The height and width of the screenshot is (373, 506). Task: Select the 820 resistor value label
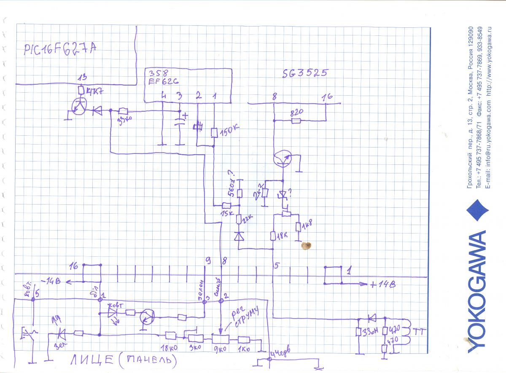click(x=297, y=113)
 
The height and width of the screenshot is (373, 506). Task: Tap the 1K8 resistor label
click(x=309, y=225)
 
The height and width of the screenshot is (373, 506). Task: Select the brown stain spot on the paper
click(x=308, y=245)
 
